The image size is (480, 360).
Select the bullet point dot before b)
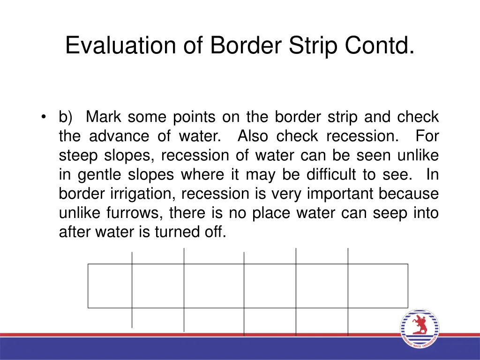point(44,117)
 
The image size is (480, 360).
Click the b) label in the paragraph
point(65,117)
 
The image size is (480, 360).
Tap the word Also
point(253,136)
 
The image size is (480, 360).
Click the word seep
point(392,213)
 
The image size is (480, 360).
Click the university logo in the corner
point(420,329)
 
